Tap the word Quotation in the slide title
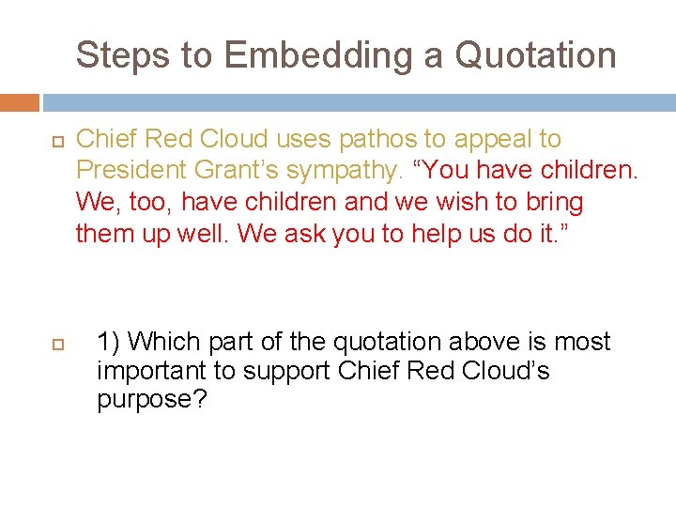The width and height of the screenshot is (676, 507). [535, 55]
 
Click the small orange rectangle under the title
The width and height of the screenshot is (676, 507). [20, 102]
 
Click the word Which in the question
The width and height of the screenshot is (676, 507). [162, 342]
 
